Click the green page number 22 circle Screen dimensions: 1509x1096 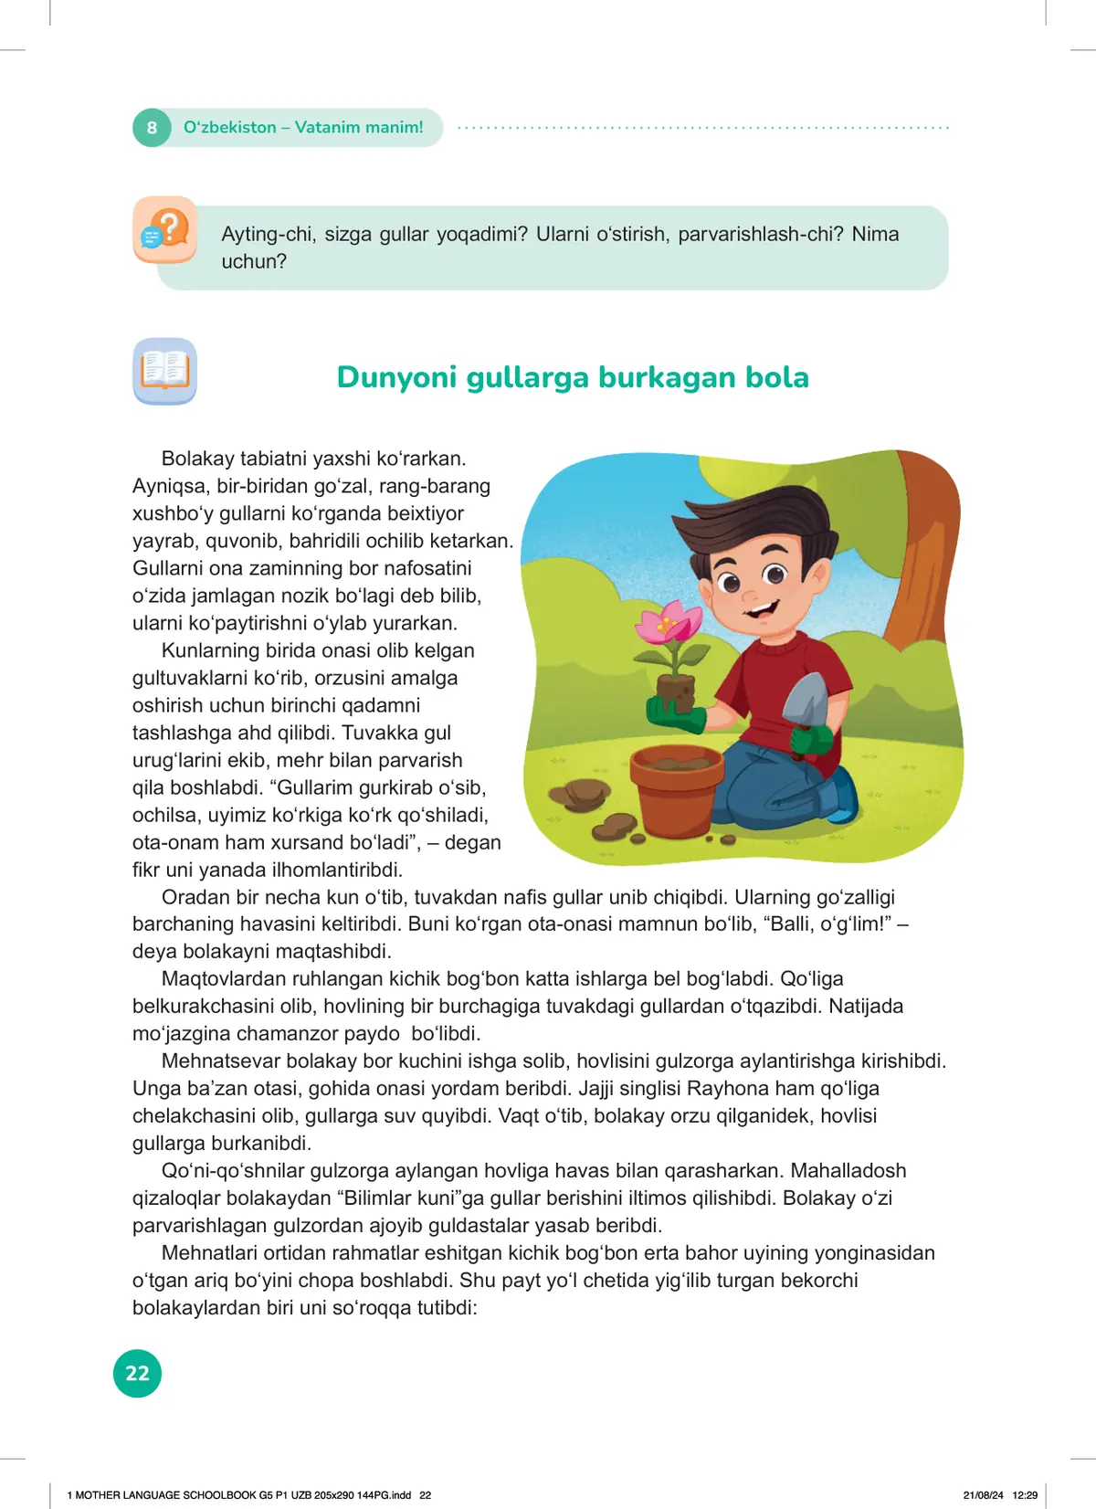tap(137, 1373)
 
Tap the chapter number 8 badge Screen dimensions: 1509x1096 tap(152, 128)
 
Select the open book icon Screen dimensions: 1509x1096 tap(164, 371)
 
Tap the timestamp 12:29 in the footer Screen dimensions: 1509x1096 tap(1025, 1495)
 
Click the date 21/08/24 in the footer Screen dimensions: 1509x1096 tap(983, 1495)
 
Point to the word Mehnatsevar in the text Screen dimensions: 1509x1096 tap(220, 1061)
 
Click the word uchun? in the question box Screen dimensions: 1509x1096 tap(254, 261)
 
